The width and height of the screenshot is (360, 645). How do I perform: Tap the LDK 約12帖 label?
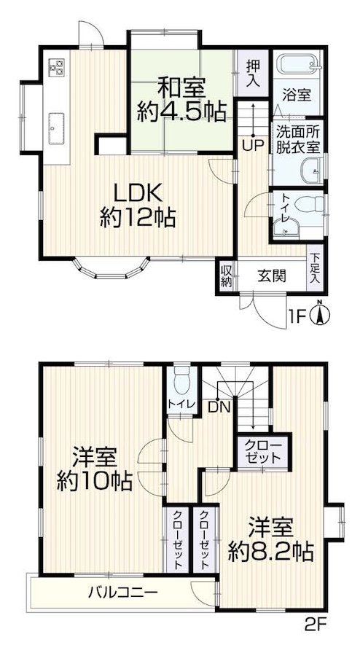coord(138,206)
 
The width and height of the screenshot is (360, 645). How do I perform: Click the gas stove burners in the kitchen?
coord(57,67)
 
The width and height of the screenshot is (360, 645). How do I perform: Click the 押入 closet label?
coord(253,72)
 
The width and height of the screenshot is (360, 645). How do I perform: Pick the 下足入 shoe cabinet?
coord(315,268)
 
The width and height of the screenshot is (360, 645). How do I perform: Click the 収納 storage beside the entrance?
coord(227,276)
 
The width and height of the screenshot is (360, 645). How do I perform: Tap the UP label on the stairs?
coord(252,146)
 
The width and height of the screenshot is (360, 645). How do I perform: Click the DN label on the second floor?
coord(219,407)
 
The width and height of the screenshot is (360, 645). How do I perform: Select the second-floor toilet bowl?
coord(181,381)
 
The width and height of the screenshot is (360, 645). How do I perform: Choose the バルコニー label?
coord(123,593)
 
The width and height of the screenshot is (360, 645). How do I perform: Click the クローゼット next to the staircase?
coord(263,451)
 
